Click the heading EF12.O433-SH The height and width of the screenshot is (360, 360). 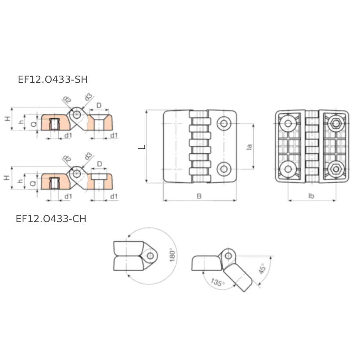53,80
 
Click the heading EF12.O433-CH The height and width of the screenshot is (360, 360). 51,219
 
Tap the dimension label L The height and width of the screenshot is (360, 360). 142,147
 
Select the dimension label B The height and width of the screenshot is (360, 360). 199,196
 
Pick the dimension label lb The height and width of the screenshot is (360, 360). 311,196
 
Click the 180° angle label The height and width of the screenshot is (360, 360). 172,255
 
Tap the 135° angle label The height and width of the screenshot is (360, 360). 217,282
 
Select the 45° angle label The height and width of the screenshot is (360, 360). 262,269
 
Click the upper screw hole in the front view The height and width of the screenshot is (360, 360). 224,123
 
